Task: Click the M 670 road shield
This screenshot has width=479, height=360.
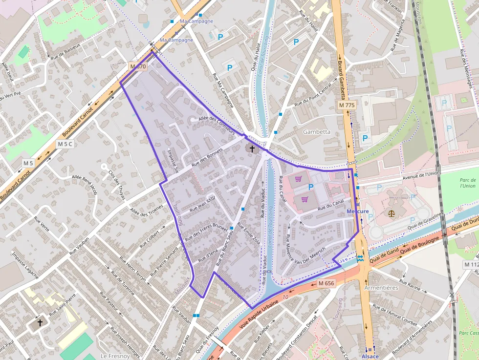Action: click(138, 66)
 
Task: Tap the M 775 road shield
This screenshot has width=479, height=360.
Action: click(347, 105)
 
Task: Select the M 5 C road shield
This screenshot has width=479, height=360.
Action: click(65, 144)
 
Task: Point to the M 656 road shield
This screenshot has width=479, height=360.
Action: click(326, 283)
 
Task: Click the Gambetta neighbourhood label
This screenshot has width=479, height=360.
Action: click(317, 132)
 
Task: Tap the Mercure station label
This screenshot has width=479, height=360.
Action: click(357, 211)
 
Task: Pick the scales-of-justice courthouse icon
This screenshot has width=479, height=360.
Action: click(391, 213)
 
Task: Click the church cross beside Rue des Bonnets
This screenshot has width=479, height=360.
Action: click(252, 148)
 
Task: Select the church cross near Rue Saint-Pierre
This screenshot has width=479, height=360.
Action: click(40, 322)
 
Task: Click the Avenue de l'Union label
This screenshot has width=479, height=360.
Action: click(421, 175)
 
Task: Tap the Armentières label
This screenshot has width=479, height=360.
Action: click(381, 288)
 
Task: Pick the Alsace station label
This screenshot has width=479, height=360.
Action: click(370, 356)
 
